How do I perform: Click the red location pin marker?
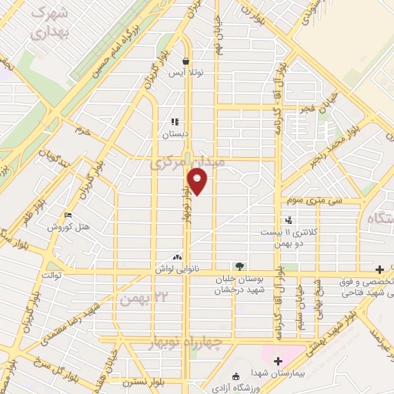(x=198, y=182)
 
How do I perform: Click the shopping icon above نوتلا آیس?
(x=185, y=61)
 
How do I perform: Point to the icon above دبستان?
(x=175, y=122)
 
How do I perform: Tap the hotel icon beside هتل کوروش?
(x=68, y=215)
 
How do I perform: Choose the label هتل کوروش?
(x=70, y=227)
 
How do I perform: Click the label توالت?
(x=51, y=275)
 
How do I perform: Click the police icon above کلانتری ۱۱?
(x=288, y=221)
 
